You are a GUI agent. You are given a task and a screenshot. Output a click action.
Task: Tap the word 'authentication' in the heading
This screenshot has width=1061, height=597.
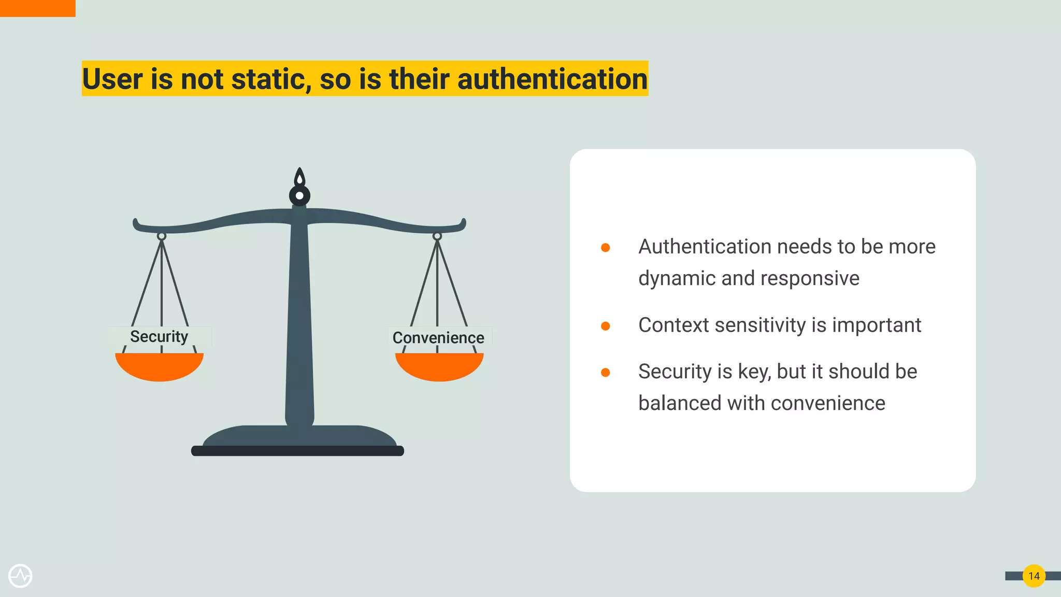coord(552,79)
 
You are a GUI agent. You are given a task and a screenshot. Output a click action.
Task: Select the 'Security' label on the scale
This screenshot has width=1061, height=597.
coord(159,336)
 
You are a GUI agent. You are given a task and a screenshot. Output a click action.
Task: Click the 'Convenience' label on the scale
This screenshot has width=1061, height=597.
coord(438,337)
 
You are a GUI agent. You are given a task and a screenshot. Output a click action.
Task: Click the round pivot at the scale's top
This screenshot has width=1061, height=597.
coord(299,195)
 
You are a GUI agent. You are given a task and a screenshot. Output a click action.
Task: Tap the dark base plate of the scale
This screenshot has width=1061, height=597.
coord(297,451)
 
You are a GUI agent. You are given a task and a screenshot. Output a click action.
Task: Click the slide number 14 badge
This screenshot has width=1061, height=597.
coord(1034,576)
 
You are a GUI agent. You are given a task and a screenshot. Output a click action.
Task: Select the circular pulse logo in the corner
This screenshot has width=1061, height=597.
coord(20,576)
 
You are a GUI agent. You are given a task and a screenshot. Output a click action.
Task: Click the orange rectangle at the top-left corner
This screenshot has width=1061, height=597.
coord(37,8)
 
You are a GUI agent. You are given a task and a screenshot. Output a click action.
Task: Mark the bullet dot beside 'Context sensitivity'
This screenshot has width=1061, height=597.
coord(605,326)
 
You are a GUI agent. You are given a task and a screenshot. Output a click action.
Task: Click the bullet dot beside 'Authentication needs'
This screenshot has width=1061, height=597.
coord(605,248)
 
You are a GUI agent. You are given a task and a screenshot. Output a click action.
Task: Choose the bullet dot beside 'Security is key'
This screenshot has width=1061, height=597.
coord(605,373)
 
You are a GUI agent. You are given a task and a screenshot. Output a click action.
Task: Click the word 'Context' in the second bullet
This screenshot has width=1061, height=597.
coord(673,325)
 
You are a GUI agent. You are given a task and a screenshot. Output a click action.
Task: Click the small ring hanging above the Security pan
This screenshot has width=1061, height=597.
coord(162,236)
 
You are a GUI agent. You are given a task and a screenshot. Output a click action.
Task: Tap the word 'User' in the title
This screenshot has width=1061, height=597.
coord(112,79)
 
